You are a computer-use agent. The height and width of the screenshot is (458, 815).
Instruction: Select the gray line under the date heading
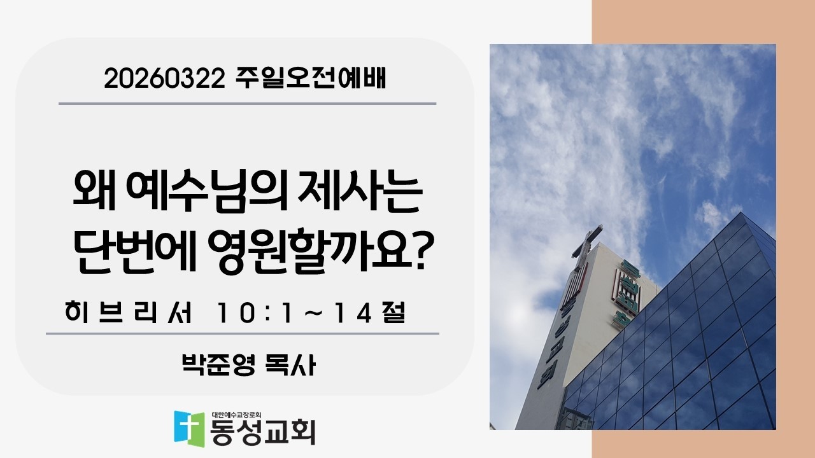tap(247, 103)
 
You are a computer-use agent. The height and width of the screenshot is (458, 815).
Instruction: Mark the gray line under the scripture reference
tap(242, 333)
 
